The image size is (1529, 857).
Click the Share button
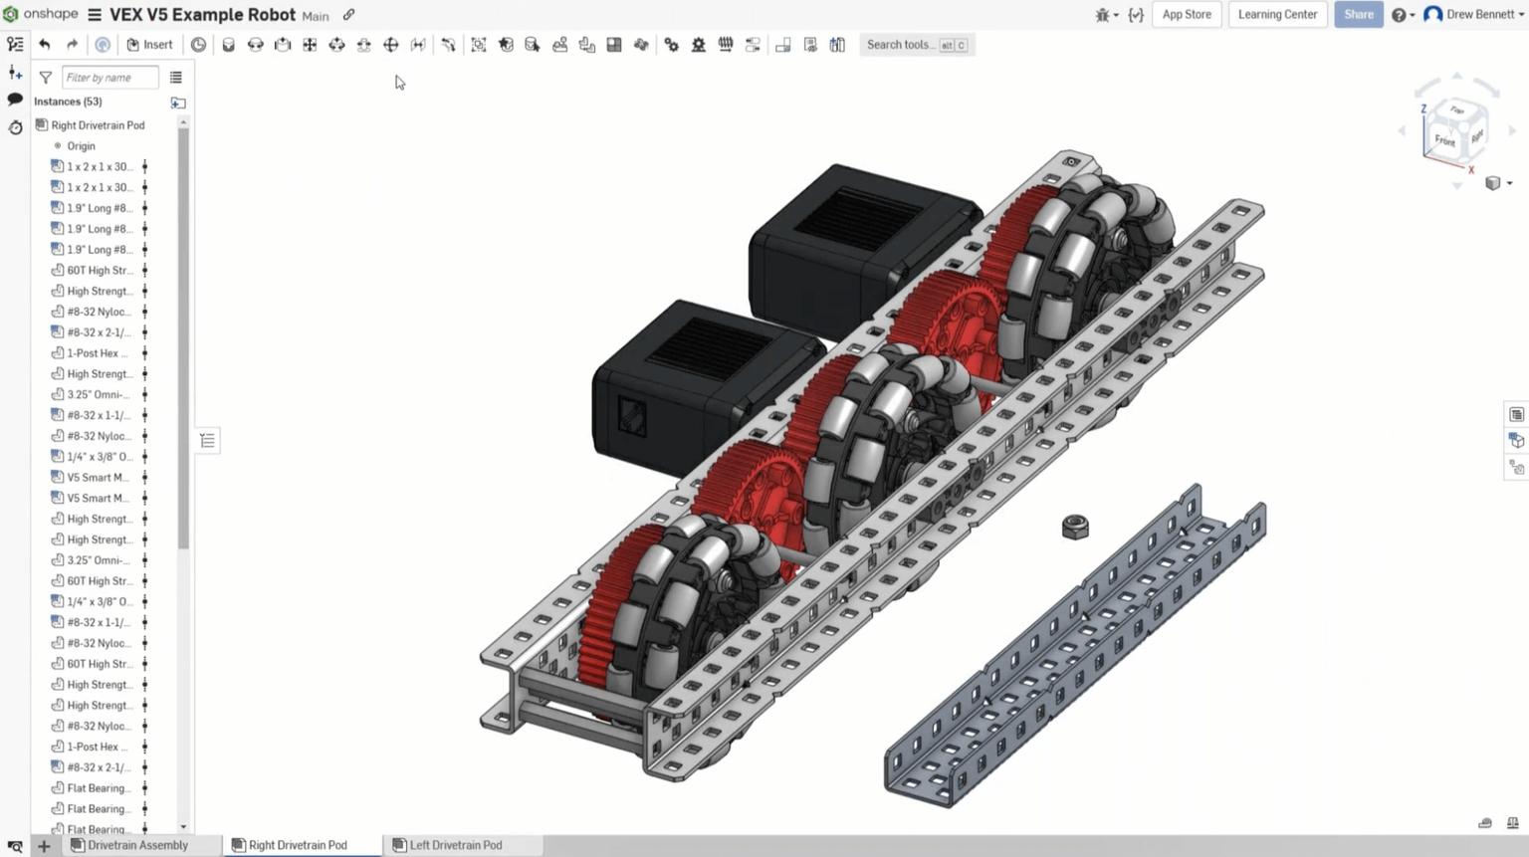coord(1358,15)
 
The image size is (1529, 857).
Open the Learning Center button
coord(1277,15)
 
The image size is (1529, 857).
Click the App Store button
coord(1187,15)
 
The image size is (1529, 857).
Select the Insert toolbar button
coord(149,45)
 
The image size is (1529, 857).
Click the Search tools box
coord(900,45)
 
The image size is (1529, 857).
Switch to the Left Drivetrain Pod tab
coord(455,845)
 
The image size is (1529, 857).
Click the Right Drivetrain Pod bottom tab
coord(298,845)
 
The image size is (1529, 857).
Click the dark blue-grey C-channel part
coord(1075,657)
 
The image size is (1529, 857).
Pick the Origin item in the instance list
coord(81,146)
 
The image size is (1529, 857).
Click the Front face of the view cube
coord(1444,141)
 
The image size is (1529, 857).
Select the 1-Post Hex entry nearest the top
coord(97,353)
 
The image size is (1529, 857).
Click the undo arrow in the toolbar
coord(45,45)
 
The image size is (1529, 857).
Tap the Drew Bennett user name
coord(1479,15)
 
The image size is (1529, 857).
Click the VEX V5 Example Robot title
coord(202,15)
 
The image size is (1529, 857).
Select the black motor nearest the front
coord(687,383)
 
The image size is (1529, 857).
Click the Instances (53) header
coord(68,102)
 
